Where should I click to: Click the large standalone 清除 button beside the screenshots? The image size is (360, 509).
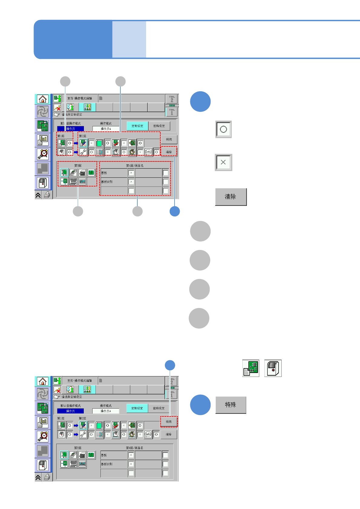231,197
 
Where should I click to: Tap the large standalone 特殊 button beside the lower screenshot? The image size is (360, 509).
231,405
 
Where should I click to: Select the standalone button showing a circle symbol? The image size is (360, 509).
223,129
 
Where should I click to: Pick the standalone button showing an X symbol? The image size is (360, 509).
223,162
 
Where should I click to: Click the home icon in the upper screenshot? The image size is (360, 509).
43,99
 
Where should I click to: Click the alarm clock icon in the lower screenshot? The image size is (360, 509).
43,436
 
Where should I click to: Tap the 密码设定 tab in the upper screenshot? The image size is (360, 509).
159,126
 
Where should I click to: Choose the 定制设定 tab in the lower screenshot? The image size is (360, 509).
137,408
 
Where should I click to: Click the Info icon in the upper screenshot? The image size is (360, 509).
148,152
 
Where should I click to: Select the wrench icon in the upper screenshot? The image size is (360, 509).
83,152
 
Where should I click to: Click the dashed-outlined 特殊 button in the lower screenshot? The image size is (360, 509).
169,422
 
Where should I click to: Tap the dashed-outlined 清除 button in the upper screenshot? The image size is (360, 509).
169,152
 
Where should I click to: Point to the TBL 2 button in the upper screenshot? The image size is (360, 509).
172,99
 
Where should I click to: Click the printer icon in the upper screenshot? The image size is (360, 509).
47,195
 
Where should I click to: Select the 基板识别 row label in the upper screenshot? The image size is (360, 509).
107,182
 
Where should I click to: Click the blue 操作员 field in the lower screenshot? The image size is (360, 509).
70,411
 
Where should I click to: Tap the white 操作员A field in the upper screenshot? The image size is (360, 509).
106,129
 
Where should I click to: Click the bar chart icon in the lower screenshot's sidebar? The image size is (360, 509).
43,422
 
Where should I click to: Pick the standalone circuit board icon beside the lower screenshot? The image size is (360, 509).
251,368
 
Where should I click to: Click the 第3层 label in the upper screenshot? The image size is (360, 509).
78,166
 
